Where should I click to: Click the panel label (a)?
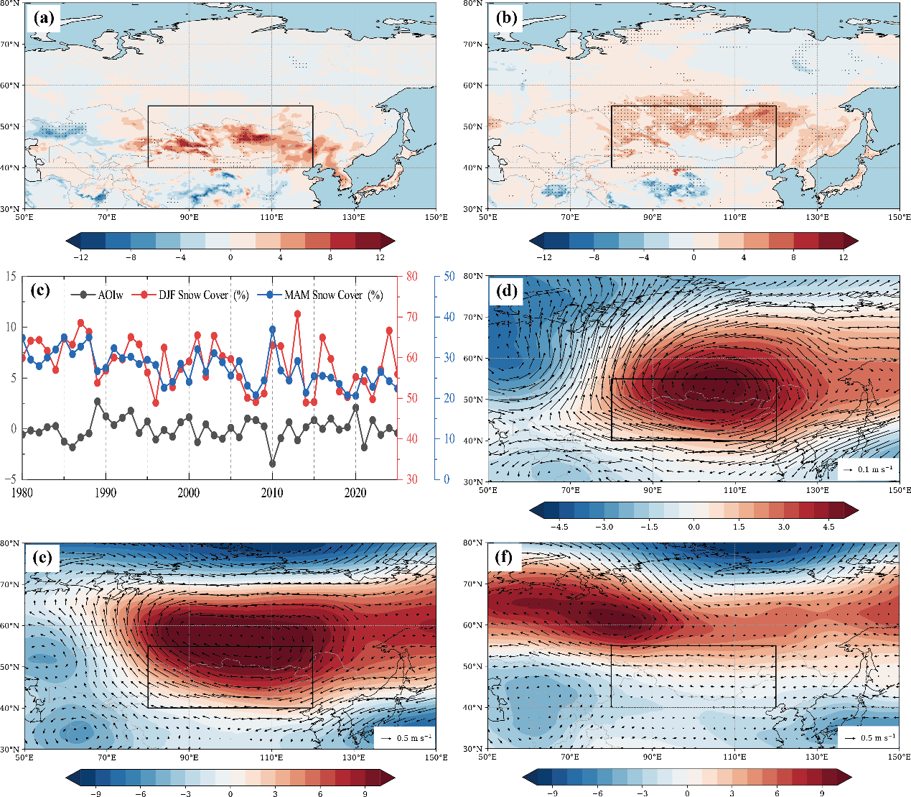coord(43,18)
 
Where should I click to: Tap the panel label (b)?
coord(506,18)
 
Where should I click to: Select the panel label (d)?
coord(506,291)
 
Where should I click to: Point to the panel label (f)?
coord(505,558)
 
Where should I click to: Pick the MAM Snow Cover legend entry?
coord(321,295)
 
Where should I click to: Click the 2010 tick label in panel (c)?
coord(272,492)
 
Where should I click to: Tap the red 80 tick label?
coord(412,276)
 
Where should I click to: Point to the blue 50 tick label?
coord(449,276)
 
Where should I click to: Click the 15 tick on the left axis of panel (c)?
coord(11,276)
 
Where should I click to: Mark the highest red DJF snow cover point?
coord(297,314)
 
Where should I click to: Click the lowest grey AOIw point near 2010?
coord(273,464)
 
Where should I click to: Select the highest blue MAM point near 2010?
coord(273,329)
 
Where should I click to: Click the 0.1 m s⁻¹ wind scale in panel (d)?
coord(868,469)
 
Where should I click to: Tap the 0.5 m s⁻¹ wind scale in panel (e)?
coord(404,738)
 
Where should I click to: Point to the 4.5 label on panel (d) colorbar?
coord(828,527)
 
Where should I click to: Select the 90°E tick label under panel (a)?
coord(190,217)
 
